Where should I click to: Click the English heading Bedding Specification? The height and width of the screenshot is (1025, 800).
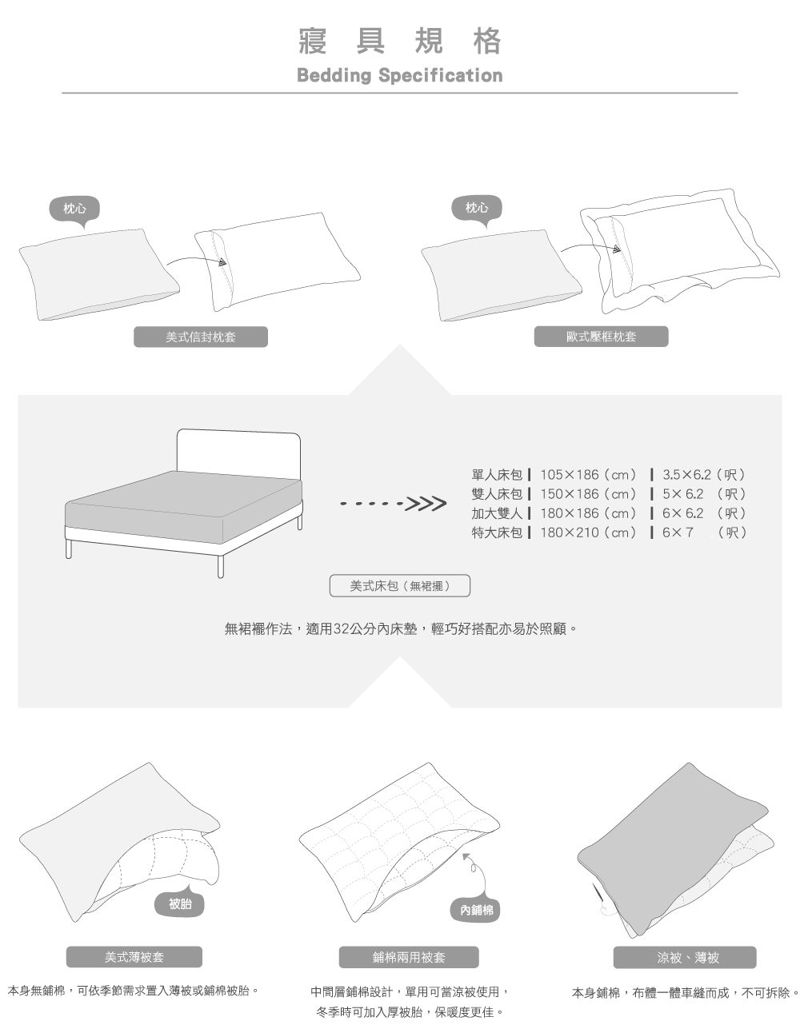pyautogui.click(x=399, y=76)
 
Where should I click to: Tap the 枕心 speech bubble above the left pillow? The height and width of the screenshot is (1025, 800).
pyautogui.click(x=74, y=209)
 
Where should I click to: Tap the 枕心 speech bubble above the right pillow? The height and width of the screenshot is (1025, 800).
pyautogui.click(x=477, y=209)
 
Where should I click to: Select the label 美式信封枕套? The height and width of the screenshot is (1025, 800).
pyautogui.click(x=200, y=337)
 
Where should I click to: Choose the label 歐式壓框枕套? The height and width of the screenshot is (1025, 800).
pyautogui.click(x=601, y=337)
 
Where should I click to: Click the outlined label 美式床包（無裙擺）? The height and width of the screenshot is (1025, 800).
pyautogui.click(x=400, y=586)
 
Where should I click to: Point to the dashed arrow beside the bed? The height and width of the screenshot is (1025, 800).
pyautogui.click(x=393, y=505)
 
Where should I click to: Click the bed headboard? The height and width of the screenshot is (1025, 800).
pyautogui.click(x=238, y=452)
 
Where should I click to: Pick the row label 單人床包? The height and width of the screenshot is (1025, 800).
pyautogui.click(x=497, y=475)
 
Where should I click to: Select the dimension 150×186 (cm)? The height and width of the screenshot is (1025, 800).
pyautogui.click(x=588, y=494)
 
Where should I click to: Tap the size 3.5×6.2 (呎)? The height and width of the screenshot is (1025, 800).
pyautogui.click(x=704, y=475)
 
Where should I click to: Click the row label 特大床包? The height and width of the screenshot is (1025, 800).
pyautogui.click(x=497, y=532)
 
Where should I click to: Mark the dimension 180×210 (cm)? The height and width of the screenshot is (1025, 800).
pyautogui.click(x=588, y=532)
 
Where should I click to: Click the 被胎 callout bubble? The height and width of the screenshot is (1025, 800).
pyautogui.click(x=180, y=904)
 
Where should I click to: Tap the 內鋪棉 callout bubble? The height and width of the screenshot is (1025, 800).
pyautogui.click(x=476, y=909)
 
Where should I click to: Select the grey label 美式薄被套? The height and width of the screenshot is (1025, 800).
pyautogui.click(x=134, y=957)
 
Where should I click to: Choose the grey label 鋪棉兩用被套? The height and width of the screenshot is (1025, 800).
pyautogui.click(x=409, y=957)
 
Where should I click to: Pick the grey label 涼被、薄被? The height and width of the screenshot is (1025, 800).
pyautogui.click(x=684, y=957)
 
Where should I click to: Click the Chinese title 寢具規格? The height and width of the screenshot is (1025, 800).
pyautogui.click(x=399, y=41)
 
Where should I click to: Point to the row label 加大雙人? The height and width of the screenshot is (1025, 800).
pyautogui.click(x=497, y=513)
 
